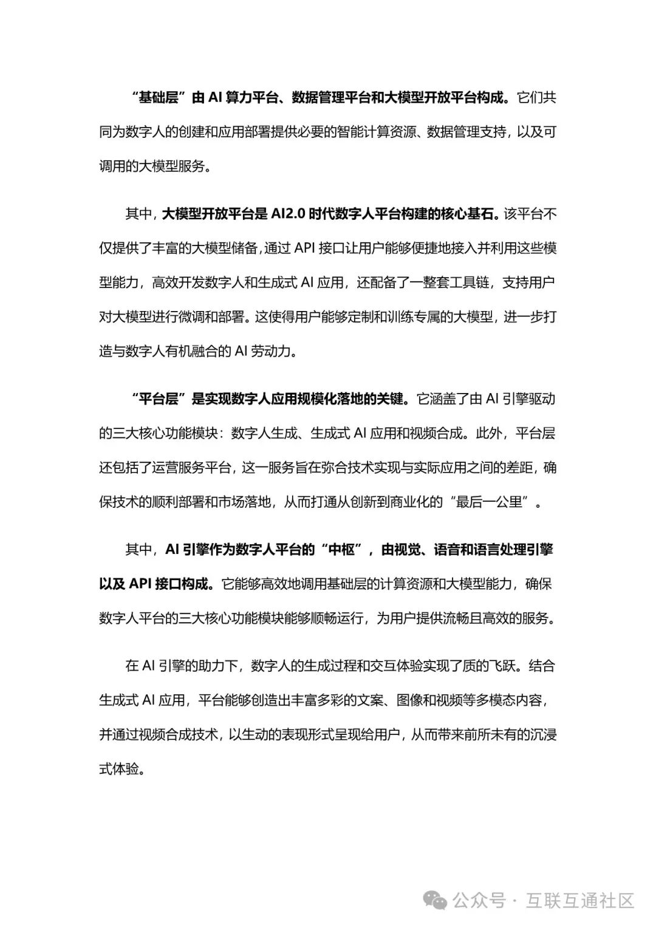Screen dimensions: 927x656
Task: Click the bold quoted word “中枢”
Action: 341,550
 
